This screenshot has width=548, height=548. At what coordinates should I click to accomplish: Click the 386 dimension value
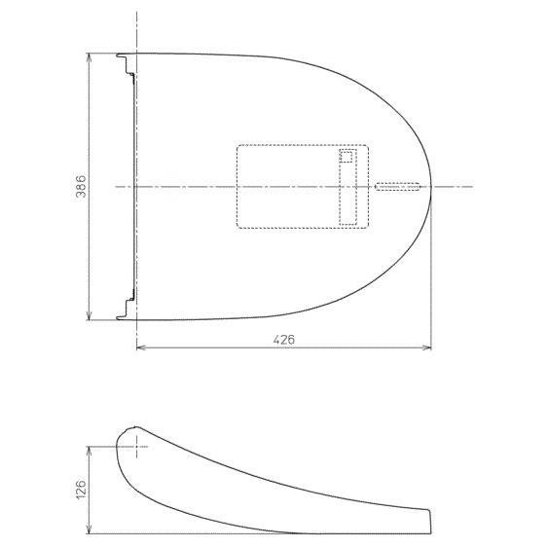tap(81, 186)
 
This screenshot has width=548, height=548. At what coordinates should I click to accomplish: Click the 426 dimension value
tap(284, 340)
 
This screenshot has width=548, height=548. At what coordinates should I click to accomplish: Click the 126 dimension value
tap(81, 490)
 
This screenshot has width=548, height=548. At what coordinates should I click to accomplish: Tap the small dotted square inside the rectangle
tap(347, 157)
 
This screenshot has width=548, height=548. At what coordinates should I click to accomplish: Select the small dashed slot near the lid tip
tap(397, 186)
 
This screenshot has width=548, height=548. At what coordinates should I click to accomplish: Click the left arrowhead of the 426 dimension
tap(141, 347)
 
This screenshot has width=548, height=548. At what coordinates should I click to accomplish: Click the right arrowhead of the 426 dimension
tap(426, 347)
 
